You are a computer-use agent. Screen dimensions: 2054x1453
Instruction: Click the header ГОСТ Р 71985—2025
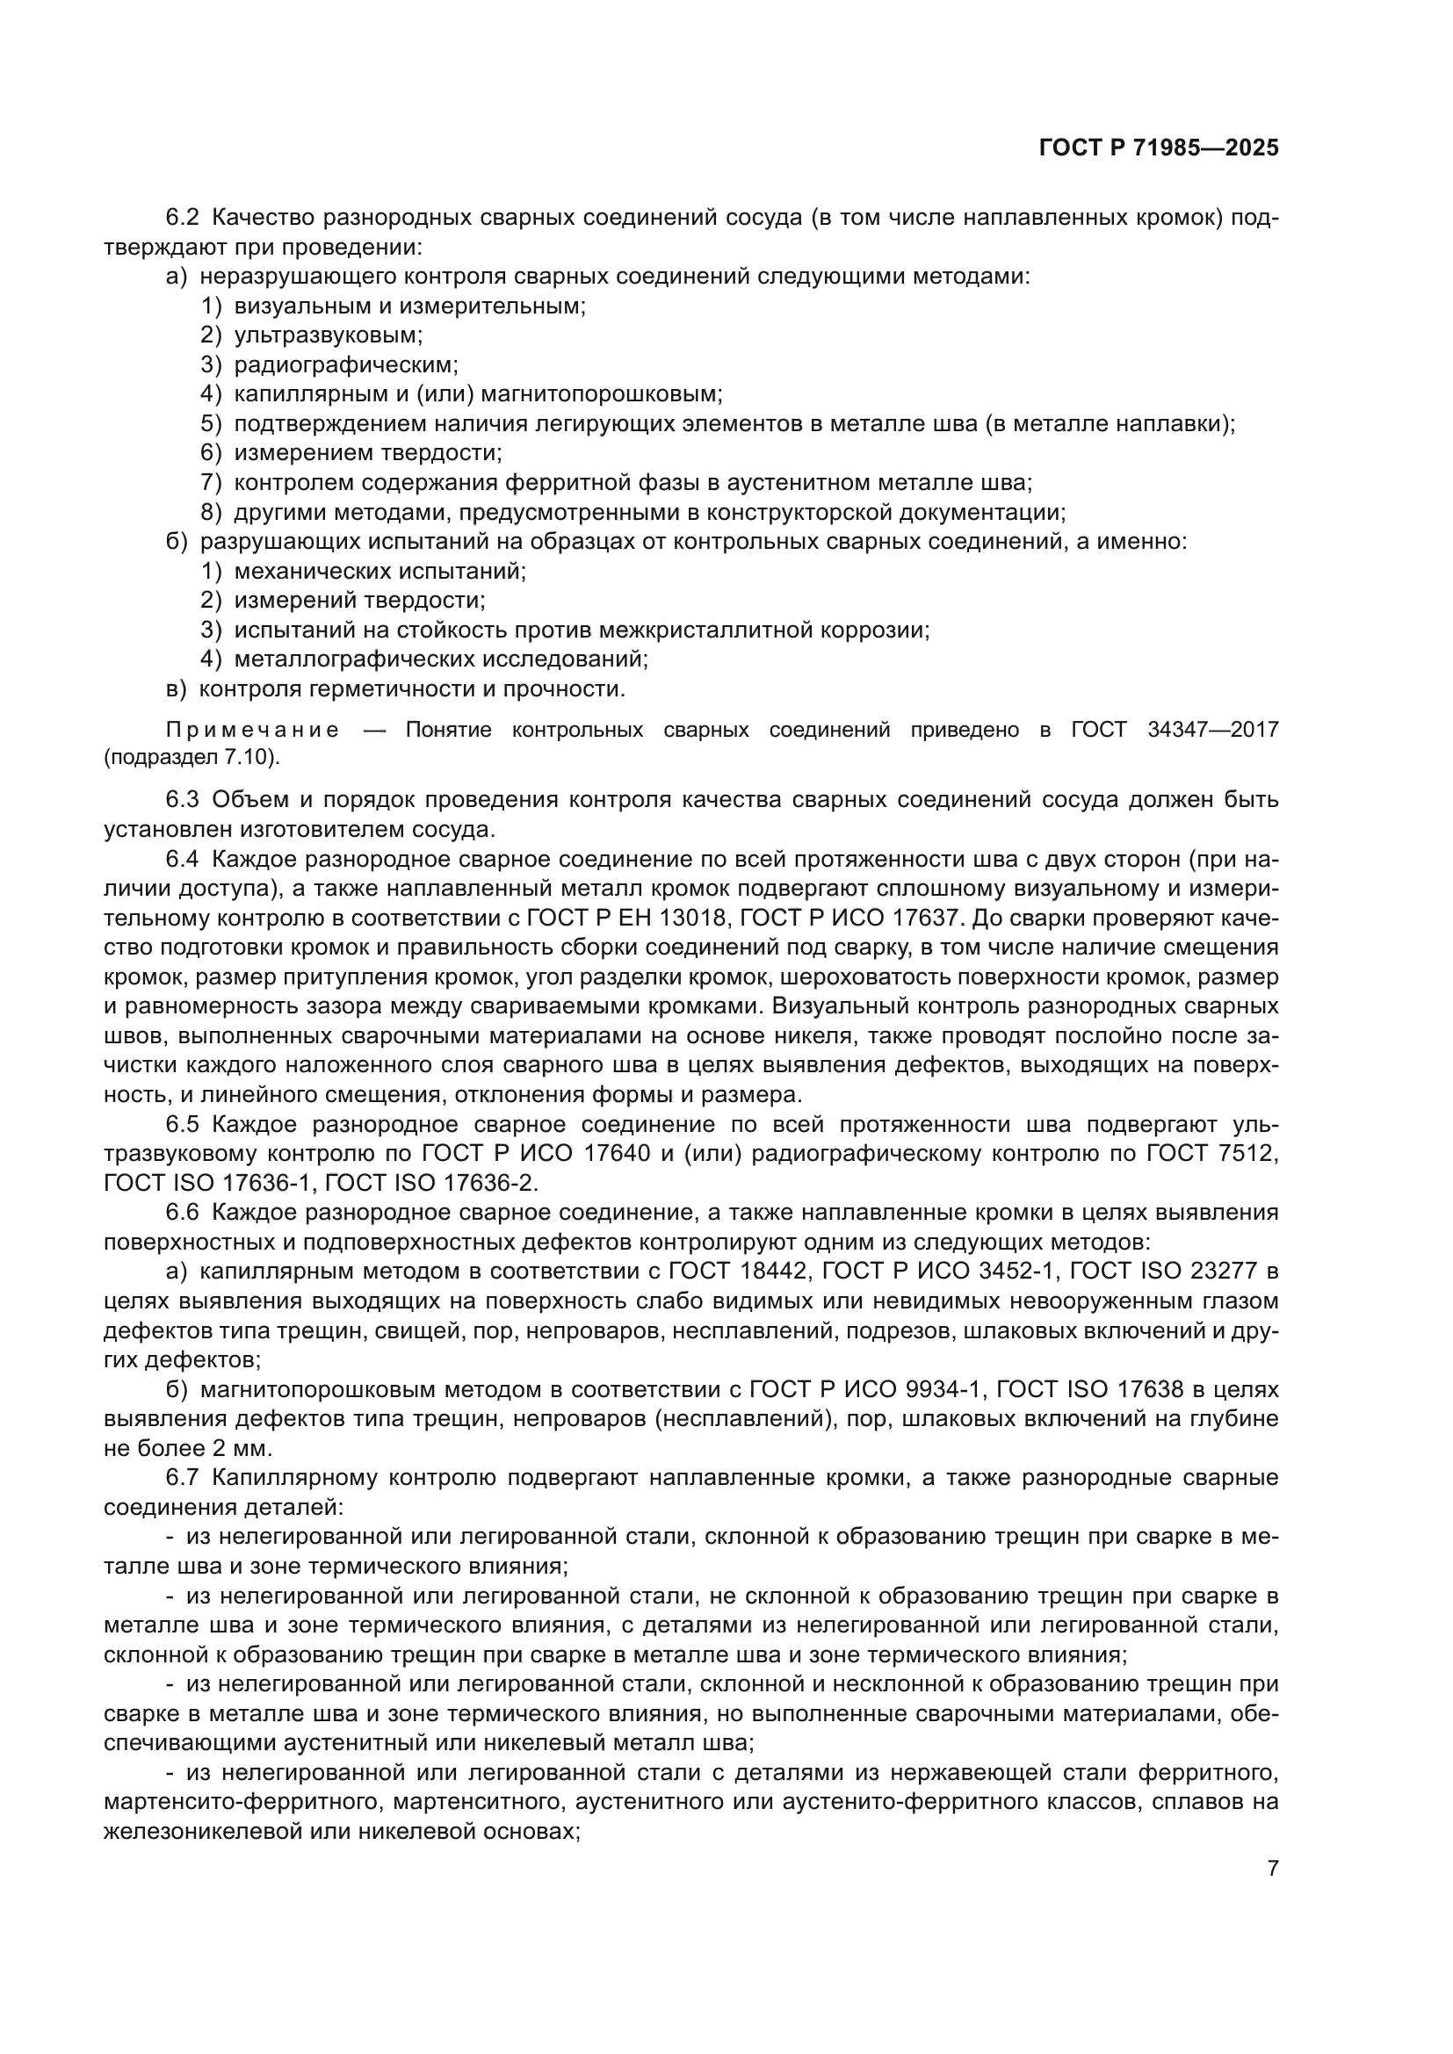(1159, 148)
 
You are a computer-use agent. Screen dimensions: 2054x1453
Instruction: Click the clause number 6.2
(183, 218)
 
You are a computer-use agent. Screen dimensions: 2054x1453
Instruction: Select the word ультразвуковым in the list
(328, 335)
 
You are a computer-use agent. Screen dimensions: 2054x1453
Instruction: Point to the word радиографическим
(345, 365)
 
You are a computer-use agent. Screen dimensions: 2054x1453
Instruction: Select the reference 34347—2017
(1212, 730)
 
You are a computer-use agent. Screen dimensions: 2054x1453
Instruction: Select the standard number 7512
(1247, 1154)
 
